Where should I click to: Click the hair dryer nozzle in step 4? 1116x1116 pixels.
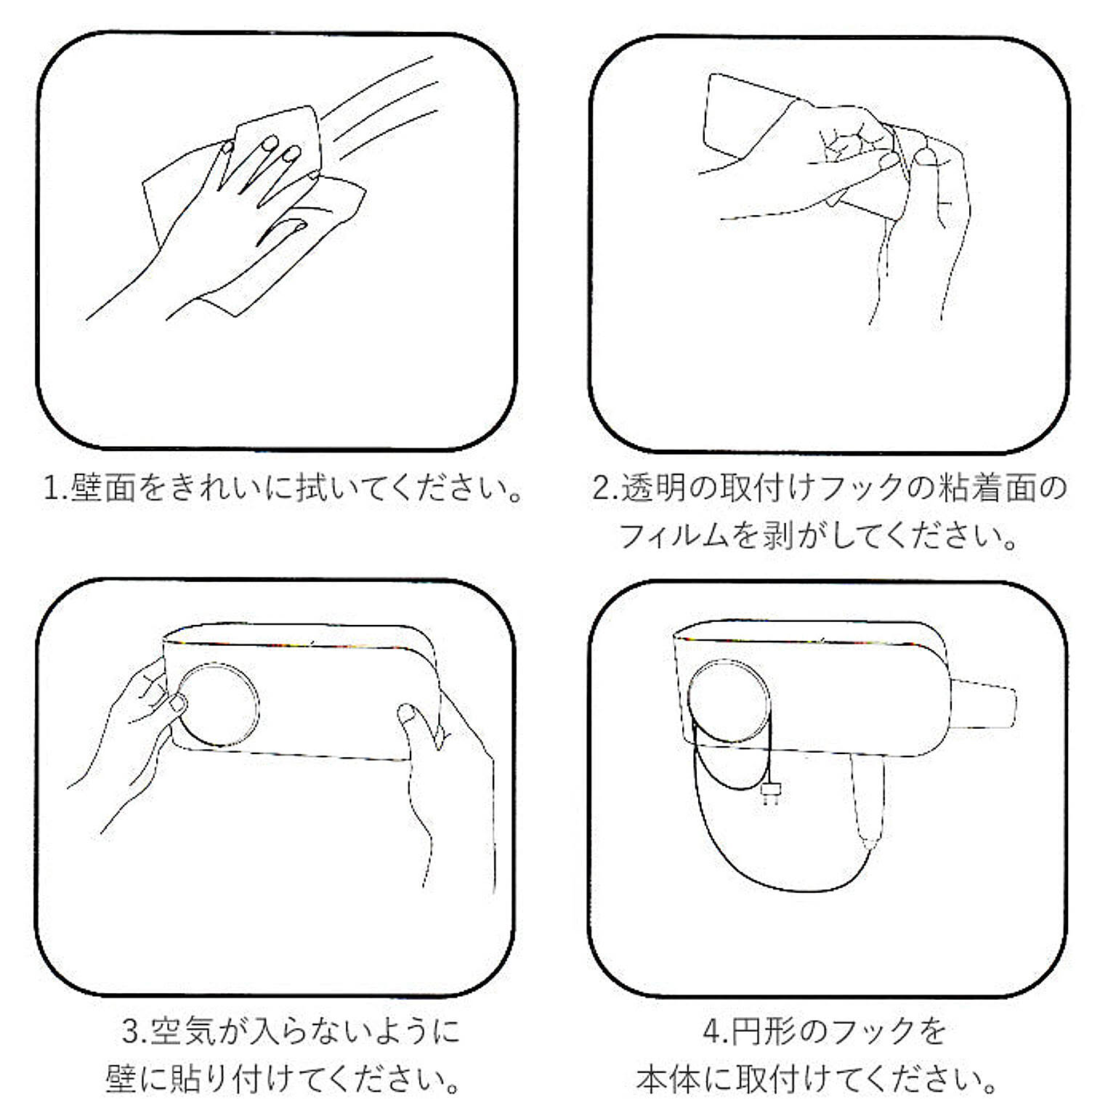click(983, 703)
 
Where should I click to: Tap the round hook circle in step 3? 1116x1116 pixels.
click(218, 704)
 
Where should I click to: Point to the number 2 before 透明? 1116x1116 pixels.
click(602, 488)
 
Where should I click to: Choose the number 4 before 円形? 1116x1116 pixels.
click(712, 1031)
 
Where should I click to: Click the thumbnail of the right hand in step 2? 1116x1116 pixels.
click(926, 155)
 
